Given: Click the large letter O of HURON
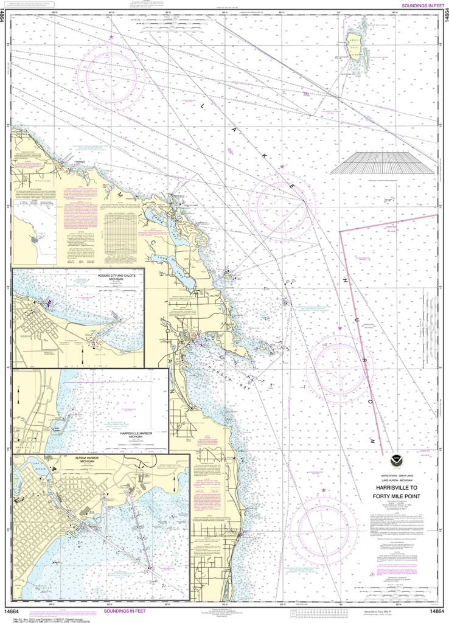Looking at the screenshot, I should (369, 403).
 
